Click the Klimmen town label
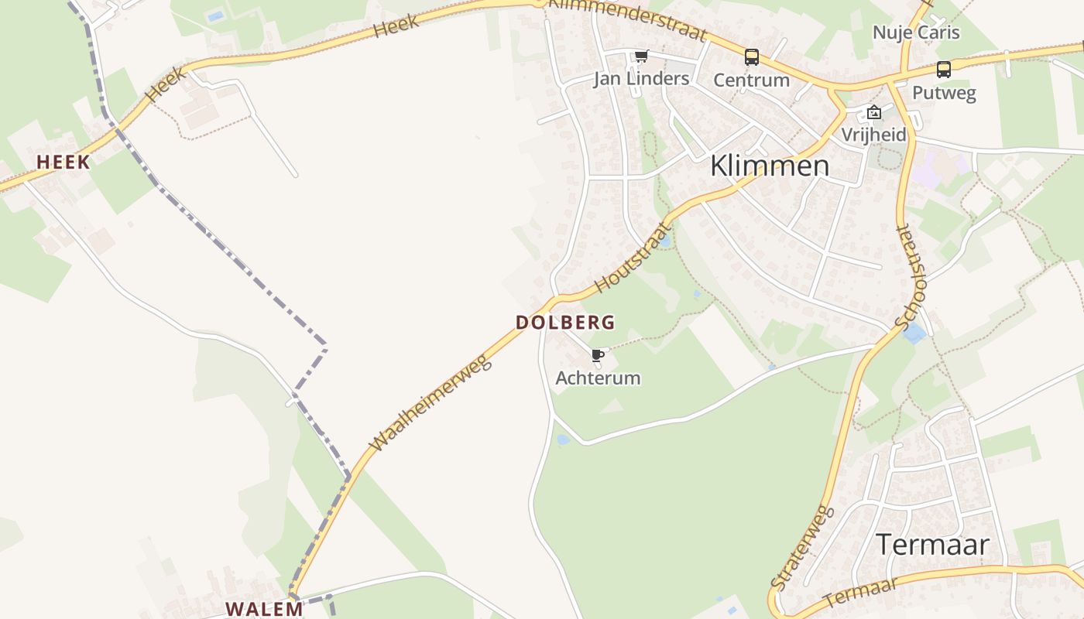coord(769,166)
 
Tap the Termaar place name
coord(932,545)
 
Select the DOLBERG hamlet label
coord(565,322)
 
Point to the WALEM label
coord(264,608)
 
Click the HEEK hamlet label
coord(63,162)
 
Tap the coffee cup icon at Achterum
coord(597,356)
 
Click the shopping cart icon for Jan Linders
coord(641,56)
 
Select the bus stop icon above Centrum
coord(751,56)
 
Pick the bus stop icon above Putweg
coord(943,70)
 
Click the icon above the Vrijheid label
coord(874,113)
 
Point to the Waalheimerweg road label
coord(431,402)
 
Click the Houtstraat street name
coord(631,258)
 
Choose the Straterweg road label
coord(803,548)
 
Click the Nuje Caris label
coord(916,32)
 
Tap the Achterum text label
coord(598,378)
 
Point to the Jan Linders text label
coord(641,78)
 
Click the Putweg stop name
coord(944,93)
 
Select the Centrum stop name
coord(751,80)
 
